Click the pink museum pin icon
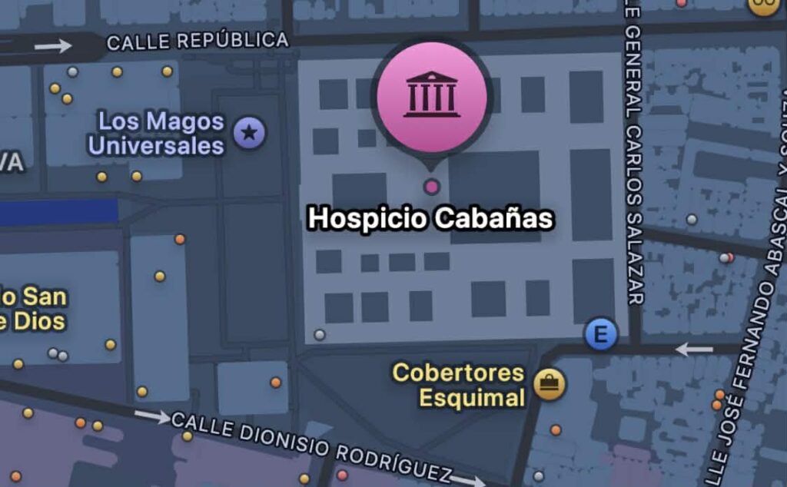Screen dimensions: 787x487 coord(432,91)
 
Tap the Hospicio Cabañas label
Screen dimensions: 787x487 coord(430,219)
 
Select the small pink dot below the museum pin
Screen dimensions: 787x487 coord(432,186)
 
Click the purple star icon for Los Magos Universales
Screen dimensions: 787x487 coord(249,134)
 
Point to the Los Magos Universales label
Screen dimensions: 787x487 coord(158,133)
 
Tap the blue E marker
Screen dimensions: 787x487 coord(601,335)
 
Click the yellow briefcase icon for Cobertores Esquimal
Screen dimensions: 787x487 coord(550,383)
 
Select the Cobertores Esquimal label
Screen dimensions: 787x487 coord(459,386)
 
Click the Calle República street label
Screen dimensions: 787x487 coord(198,41)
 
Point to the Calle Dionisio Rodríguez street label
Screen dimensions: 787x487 coord(311,445)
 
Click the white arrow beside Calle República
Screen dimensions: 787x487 coord(53,46)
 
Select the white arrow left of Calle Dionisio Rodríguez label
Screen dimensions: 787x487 coord(152,417)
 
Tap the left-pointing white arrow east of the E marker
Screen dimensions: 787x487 coord(694,350)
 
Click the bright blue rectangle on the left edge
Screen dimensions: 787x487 coord(58,212)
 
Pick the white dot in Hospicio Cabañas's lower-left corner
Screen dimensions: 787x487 coord(320,334)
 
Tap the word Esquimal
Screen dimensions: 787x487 coord(471,398)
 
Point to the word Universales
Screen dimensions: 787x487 coord(156,145)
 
